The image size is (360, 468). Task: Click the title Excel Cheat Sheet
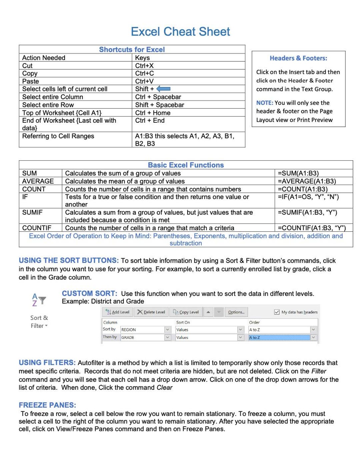click(x=180, y=32)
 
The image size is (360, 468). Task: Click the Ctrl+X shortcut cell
click(x=144, y=66)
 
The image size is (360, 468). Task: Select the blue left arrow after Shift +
click(x=163, y=89)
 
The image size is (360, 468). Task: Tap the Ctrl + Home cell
click(x=153, y=113)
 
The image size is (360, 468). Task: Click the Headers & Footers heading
click(x=298, y=58)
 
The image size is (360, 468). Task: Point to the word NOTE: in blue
click(x=265, y=103)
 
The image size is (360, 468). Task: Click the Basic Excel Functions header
click(x=186, y=165)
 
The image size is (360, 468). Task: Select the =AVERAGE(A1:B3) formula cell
click(x=307, y=181)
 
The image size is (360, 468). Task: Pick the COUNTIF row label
click(x=37, y=228)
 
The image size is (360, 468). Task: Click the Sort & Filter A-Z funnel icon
click(x=39, y=300)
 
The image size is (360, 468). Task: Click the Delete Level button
click(x=151, y=312)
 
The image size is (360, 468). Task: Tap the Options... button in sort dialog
click(x=236, y=312)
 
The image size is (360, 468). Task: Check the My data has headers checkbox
click(x=277, y=312)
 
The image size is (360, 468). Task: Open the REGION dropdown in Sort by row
click(x=168, y=329)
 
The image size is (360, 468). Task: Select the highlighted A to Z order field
click(x=279, y=337)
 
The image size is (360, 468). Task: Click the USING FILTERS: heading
click(x=47, y=363)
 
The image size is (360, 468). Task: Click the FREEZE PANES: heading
click(x=47, y=405)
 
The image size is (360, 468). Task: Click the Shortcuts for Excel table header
click(x=132, y=50)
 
